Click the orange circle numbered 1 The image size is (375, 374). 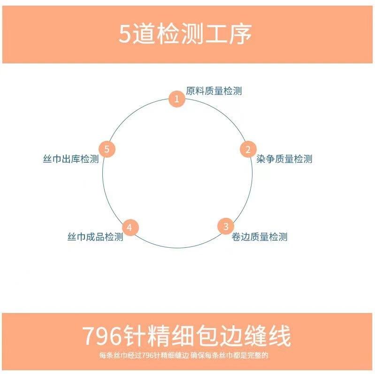tap(176, 99)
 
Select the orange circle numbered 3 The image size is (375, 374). tap(226, 226)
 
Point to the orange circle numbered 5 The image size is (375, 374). tap(107, 149)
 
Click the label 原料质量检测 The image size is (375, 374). tap(214, 91)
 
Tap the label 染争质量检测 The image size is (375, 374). tap(284, 159)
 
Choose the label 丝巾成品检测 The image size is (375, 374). tap(95, 237)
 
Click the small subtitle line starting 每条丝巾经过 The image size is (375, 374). tap(187, 355)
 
